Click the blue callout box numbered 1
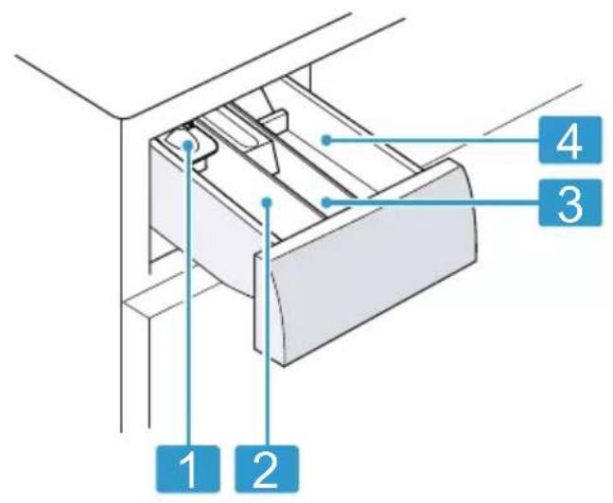188,468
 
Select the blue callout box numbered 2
267,468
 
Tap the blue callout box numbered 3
570,202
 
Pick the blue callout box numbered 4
570,140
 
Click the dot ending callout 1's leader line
189,145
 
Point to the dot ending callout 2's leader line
268,202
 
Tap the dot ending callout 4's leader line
326,140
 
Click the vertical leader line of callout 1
189,297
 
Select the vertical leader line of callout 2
268,325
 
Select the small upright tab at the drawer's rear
272,117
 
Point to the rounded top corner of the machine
122,117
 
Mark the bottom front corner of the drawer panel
284,366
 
